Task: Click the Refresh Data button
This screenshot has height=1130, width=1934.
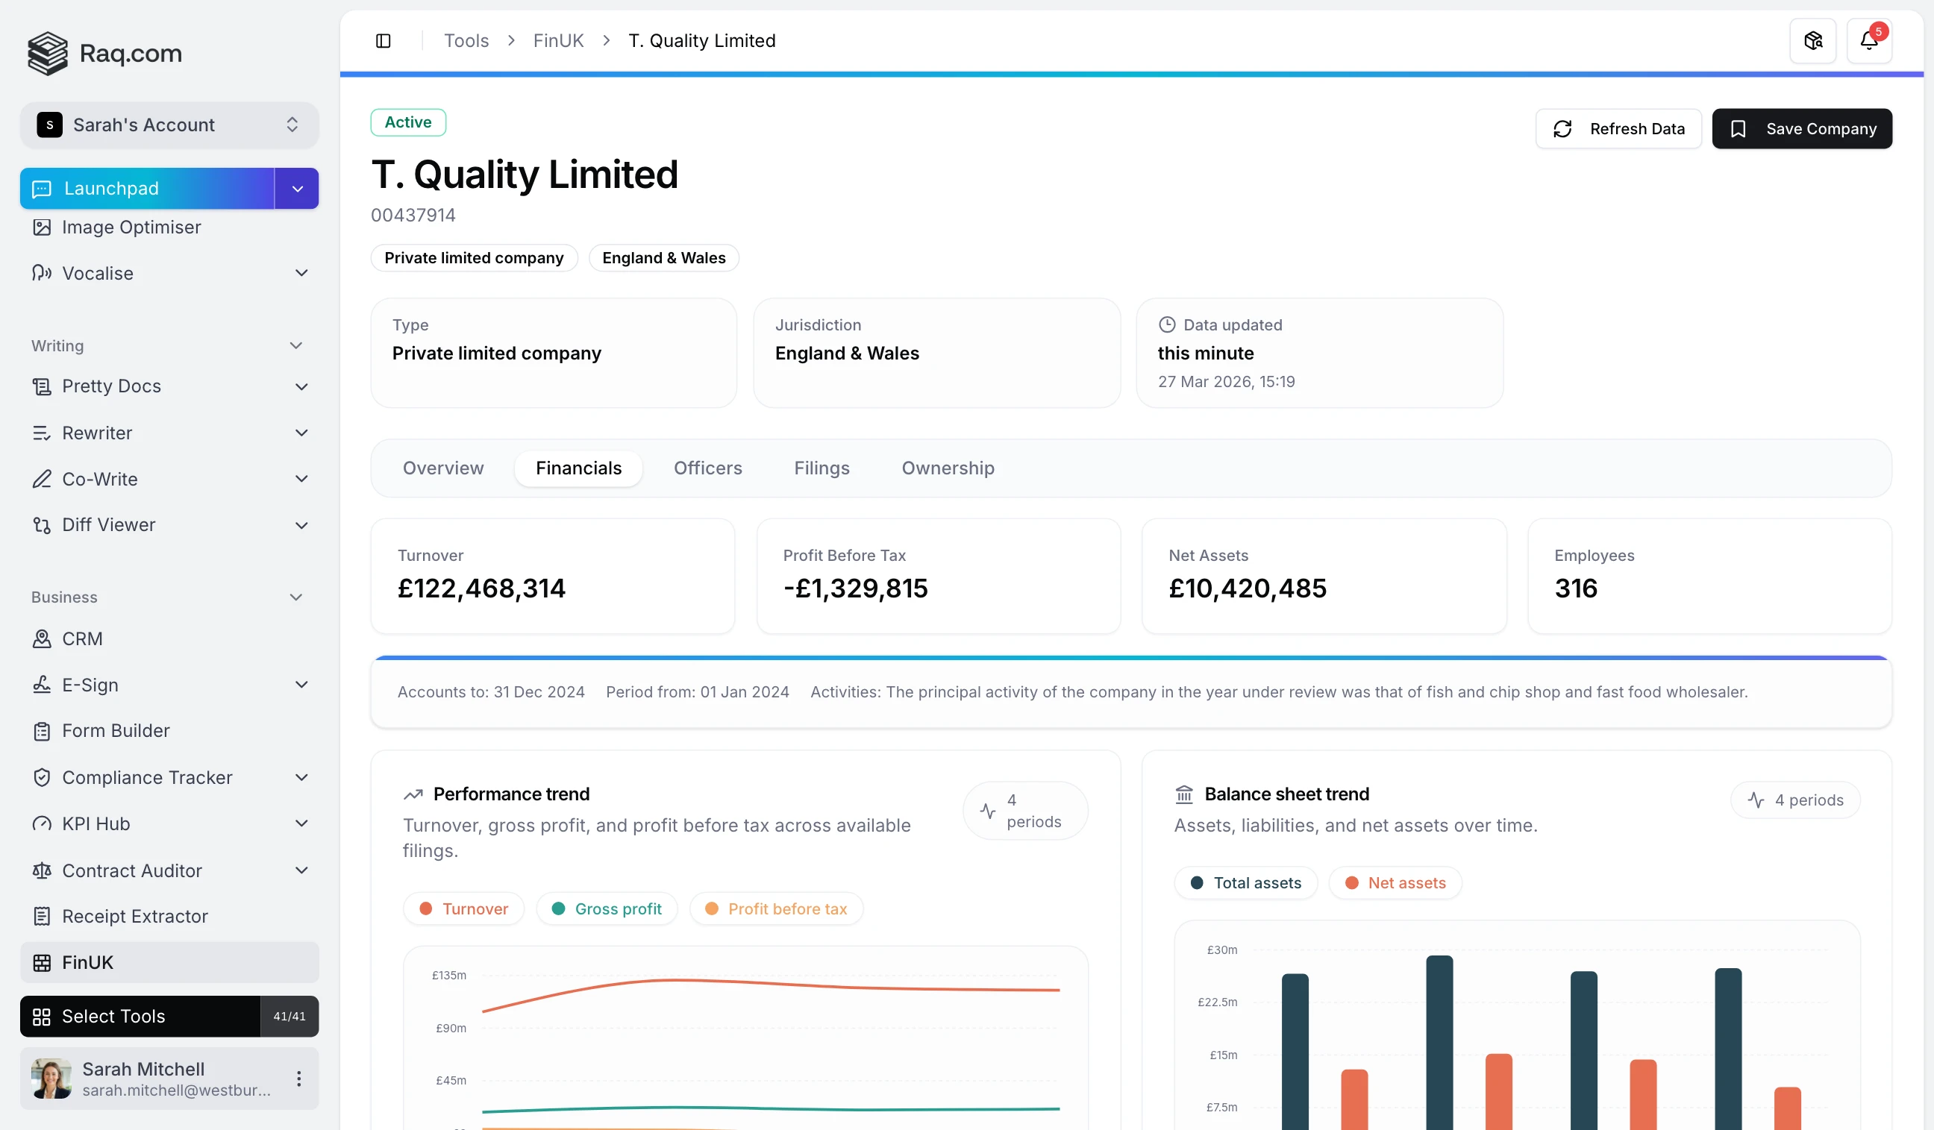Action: pyautogui.click(x=1618, y=129)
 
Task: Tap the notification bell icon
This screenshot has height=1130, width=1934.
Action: pyautogui.click(x=1868, y=41)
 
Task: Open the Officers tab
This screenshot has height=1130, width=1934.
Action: pyautogui.click(x=707, y=468)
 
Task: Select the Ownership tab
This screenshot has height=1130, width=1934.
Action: pyautogui.click(x=947, y=468)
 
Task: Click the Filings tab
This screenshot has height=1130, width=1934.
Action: pyautogui.click(x=822, y=468)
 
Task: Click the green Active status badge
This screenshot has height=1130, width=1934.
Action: pyautogui.click(x=407, y=123)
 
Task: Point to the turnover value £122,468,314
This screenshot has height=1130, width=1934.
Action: pyautogui.click(x=481, y=588)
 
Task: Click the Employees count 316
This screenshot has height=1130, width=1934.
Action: pyautogui.click(x=1576, y=588)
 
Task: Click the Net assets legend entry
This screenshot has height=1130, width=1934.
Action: pyautogui.click(x=1395, y=883)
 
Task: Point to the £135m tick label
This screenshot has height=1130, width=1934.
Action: pyautogui.click(x=449, y=976)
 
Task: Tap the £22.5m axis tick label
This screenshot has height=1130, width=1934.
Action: pyautogui.click(x=1217, y=1002)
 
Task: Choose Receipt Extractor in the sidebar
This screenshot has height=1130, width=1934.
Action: pyautogui.click(x=134, y=917)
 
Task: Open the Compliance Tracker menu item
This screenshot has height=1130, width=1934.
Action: pyautogui.click(x=146, y=778)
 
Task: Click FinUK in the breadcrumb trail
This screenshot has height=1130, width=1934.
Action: pyautogui.click(x=558, y=41)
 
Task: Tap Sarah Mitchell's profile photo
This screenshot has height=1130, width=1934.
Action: pyautogui.click(x=51, y=1079)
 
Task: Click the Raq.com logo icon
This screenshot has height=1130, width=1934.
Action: pyautogui.click(x=48, y=54)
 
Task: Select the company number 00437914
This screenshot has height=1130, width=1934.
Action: pyautogui.click(x=413, y=216)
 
